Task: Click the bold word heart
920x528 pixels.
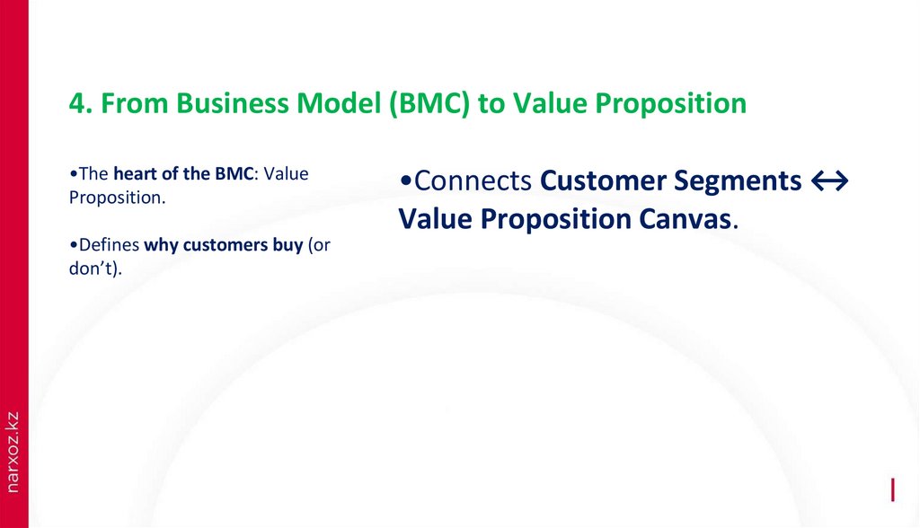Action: tap(133, 174)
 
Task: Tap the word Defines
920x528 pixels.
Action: tap(108, 245)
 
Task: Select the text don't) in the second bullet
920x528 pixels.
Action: tap(95, 268)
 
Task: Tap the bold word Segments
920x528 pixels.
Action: tap(744, 181)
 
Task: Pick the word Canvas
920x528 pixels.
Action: tap(686, 219)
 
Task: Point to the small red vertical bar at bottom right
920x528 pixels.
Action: tap(892, 489)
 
